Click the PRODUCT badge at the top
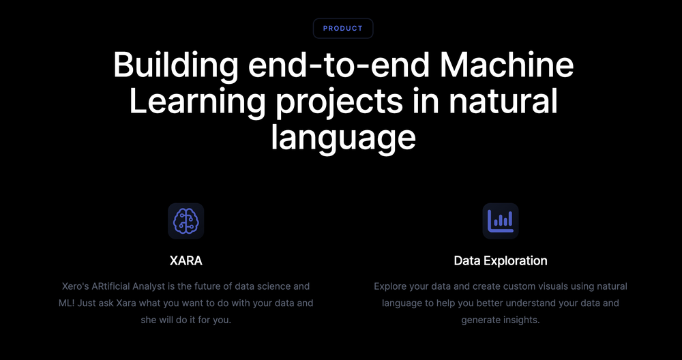point(343,29)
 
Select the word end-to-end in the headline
point(339,66)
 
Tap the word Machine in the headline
point(506,66)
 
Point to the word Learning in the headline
point(197,102)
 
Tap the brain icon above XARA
point(186,221)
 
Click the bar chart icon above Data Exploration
point(501,221)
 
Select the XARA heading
point(186,260)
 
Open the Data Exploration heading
point(501,260)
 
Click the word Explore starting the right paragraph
point(391,286)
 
